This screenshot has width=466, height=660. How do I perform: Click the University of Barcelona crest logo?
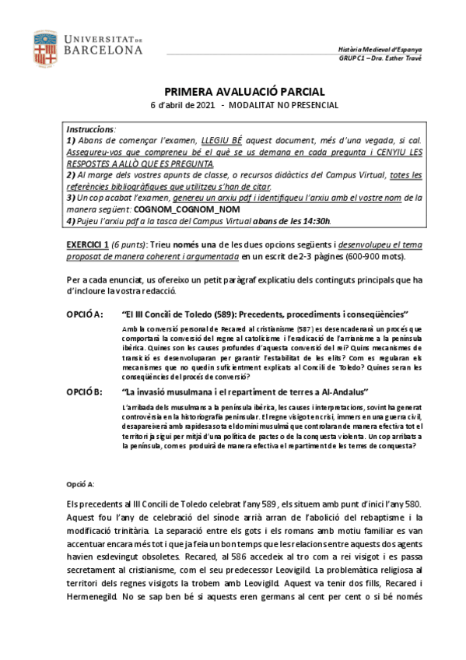[45, 47]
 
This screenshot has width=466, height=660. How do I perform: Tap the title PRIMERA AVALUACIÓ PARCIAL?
[233, 91]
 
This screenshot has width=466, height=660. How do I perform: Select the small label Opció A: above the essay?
[80, 484]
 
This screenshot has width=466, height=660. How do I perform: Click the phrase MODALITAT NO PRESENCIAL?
[284, 106]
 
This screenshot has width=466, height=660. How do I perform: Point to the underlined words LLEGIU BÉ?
[222, 139]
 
